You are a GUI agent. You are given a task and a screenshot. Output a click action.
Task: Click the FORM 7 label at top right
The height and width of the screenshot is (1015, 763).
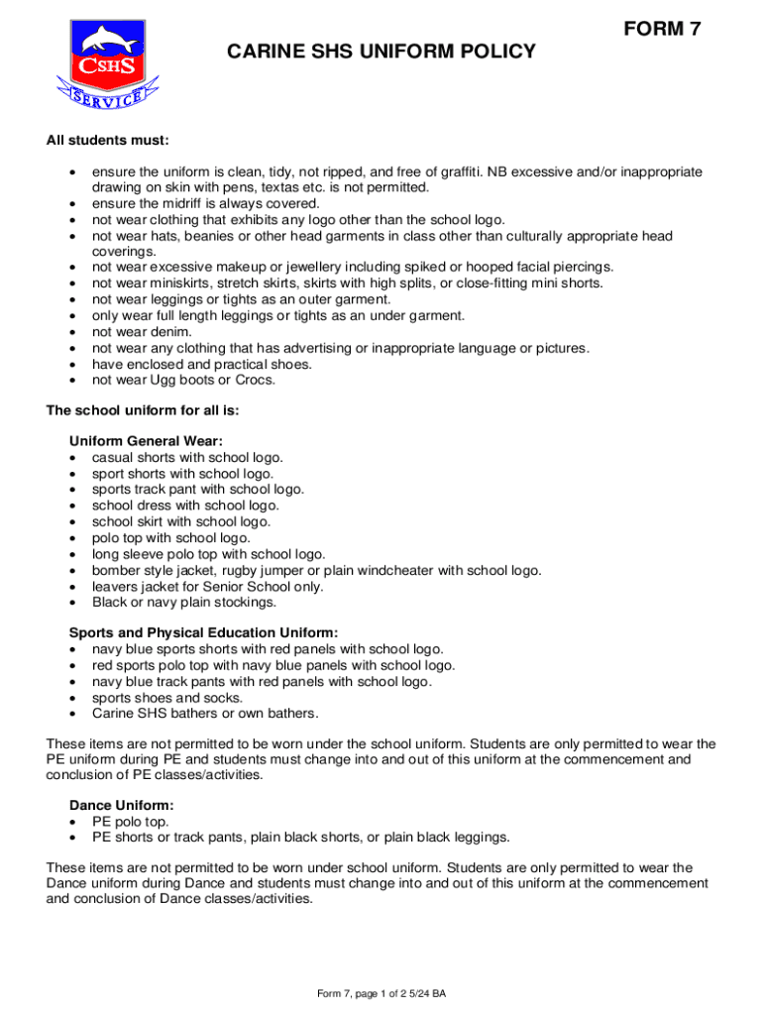point(663,30)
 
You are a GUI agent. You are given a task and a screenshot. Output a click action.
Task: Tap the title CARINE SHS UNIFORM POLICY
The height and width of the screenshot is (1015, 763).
point(381,52)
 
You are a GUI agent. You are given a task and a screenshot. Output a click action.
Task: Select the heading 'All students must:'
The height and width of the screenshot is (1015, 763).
point(108,140)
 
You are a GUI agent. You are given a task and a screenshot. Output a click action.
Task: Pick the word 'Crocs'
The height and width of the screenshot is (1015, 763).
point(252,380)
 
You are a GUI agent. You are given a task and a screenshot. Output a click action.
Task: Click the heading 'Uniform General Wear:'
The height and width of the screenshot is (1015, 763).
point(146,441)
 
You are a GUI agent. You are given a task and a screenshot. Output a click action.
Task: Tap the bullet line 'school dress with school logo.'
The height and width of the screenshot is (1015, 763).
point(185,506)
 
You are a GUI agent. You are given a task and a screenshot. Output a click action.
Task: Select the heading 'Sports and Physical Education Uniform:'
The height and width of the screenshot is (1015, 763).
point(203,632)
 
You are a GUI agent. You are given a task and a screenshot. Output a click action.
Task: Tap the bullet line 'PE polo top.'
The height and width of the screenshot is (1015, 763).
point(130,821)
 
